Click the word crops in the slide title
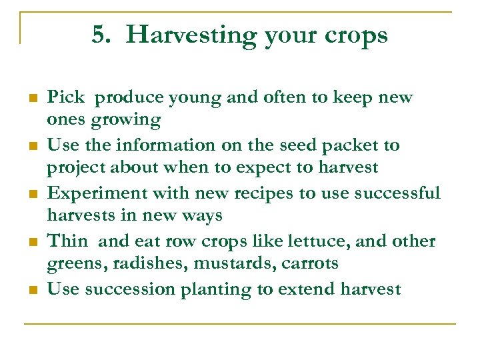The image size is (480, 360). coord(357,35)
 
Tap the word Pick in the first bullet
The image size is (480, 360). coord(65,97)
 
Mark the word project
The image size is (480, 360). coord(74,168)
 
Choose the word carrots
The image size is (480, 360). coord(309,264)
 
